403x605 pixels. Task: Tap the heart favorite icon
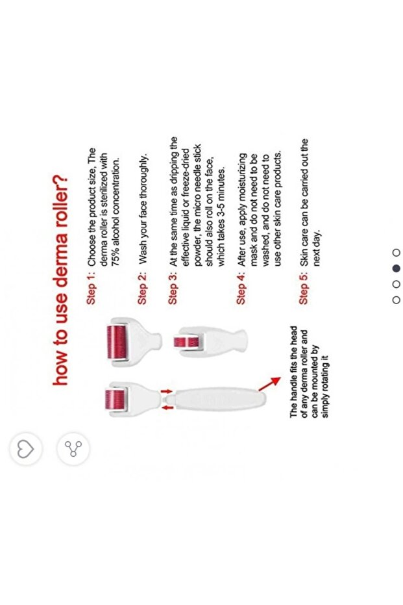(x=25, y=449)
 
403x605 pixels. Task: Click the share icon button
(x=73, y=449)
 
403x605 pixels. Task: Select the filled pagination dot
(x=396, y=268)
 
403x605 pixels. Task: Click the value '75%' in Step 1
(x=116, y=257)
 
